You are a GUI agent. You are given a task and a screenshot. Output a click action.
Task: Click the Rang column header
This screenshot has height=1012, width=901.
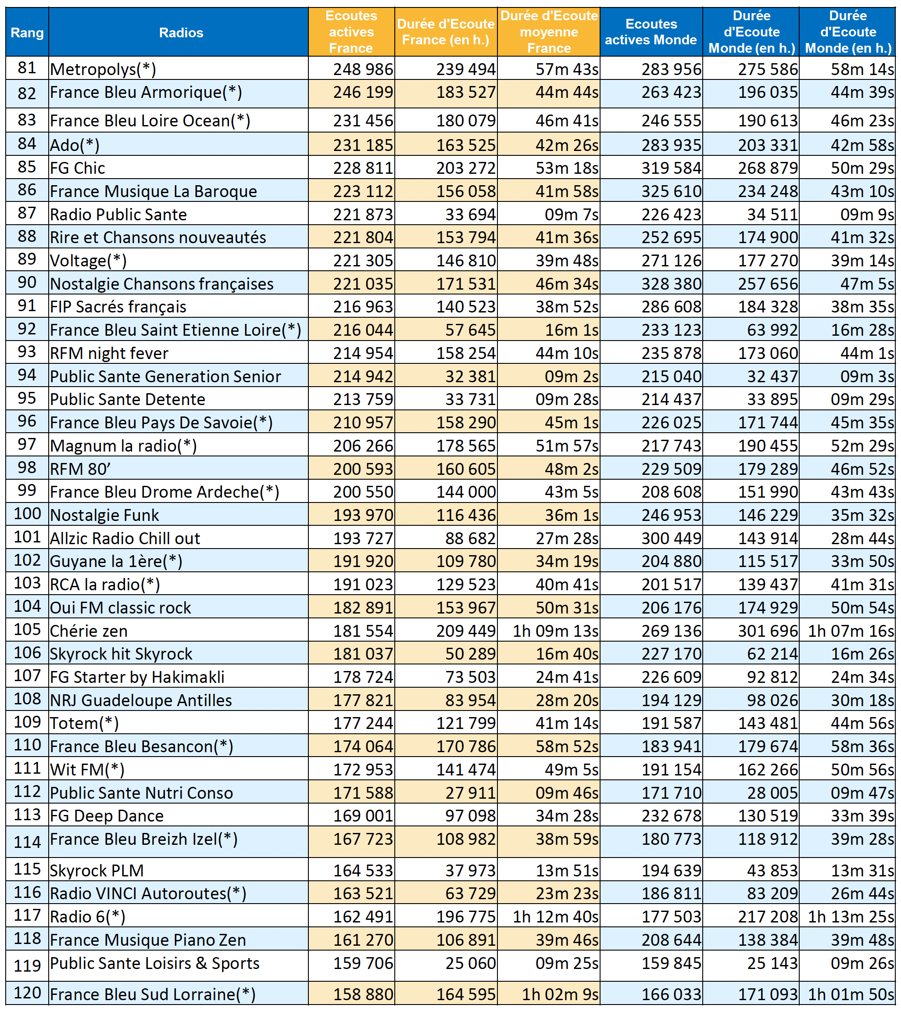coord(27,32)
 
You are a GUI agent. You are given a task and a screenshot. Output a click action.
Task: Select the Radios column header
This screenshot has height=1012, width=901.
coord(181,32)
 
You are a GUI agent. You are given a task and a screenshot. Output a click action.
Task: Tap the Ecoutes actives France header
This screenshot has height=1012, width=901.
coord(351,32)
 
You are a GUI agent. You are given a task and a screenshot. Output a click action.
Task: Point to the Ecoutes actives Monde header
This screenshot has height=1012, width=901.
coord(651,32)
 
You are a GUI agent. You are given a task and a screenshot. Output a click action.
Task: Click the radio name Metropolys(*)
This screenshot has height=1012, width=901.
coord(103,69)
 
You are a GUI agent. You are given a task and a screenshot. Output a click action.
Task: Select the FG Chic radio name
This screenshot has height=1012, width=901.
coord(78,168)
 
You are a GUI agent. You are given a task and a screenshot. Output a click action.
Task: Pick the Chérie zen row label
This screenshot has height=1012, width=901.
coord(89,631)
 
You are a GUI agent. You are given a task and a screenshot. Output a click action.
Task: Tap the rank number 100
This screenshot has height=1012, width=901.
coord(27,513)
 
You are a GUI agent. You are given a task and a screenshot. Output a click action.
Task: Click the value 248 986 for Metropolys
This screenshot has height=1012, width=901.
coord(363,69)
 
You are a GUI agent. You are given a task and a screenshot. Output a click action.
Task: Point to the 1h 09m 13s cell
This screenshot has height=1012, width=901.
coord(555,631)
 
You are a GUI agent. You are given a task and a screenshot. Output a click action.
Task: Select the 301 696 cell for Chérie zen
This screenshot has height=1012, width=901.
coord(768,631)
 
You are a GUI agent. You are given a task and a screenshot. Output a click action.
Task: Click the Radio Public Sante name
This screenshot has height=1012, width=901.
coord(118,215)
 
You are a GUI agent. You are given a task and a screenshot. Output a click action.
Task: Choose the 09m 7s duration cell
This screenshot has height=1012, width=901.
coord(571,215)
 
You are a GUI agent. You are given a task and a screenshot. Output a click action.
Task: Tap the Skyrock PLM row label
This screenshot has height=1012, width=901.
coord(97,871)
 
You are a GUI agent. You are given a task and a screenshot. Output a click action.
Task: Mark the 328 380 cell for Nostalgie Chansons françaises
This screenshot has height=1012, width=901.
coord(671,284)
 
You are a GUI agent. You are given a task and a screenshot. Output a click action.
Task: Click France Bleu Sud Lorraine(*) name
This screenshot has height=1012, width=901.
coord(153,994)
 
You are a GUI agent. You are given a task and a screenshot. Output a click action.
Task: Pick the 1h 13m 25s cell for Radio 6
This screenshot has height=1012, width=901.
coord(851,917)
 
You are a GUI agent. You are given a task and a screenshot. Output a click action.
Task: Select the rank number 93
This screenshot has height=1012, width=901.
coord(27,352)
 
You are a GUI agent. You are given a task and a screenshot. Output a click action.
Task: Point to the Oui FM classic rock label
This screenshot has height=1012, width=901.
coord(120,608)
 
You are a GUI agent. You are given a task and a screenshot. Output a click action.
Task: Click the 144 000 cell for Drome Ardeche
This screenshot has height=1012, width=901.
coord(465,492)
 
